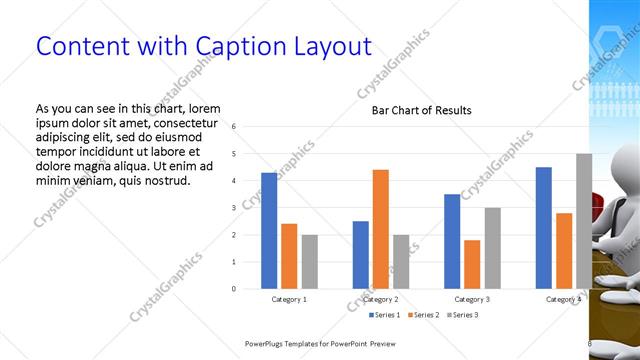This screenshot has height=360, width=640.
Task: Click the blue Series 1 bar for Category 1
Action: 269,231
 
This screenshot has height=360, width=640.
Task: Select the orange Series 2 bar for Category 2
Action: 380,229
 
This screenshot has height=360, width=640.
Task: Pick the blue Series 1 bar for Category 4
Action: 543,228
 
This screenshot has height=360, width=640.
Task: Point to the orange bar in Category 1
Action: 289,256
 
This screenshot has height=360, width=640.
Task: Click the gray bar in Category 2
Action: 401,262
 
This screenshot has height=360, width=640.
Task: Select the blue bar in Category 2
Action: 360,255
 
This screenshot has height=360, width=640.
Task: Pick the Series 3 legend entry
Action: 465,315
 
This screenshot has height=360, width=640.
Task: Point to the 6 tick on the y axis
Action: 232,127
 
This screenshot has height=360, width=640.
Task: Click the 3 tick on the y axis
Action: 232,208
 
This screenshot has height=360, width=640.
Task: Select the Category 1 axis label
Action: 289,299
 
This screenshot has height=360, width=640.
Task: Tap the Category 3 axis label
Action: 472,299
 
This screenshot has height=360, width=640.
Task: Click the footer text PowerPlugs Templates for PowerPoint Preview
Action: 328,344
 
